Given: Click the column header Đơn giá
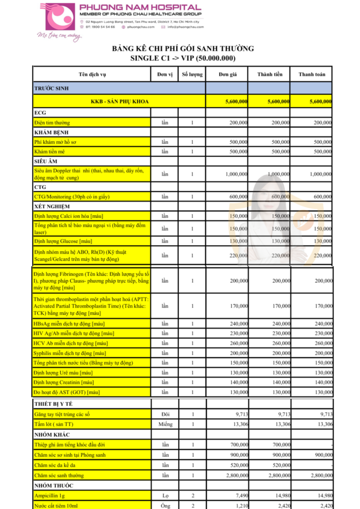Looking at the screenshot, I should click(227, 75).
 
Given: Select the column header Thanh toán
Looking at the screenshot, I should click(312, 75).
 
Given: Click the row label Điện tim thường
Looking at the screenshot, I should click(52, 122).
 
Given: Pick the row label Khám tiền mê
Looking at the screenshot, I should click(49, 151).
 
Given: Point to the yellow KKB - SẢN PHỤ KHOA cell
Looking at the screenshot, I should click(119, 101).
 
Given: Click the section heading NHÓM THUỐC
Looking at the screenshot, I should click(53, 485).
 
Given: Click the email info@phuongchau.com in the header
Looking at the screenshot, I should click(185, 27).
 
